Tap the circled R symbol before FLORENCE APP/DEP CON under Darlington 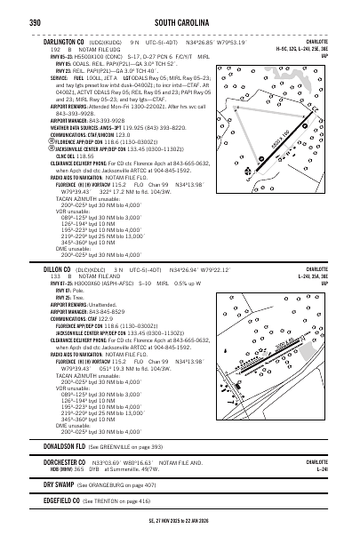45,140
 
